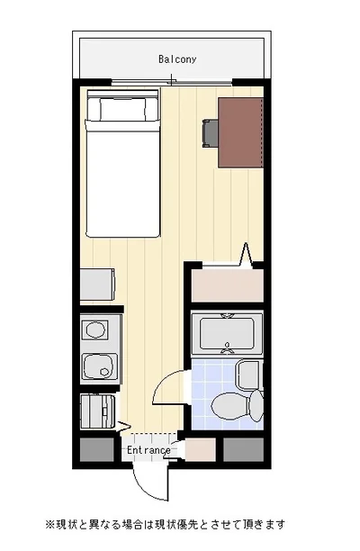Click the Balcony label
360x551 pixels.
coord(177,59)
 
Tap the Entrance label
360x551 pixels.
coord(148,450)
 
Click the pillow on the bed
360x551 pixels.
coord(122,109)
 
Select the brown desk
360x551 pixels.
coord(240,132)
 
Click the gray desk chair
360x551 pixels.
coord(210,133)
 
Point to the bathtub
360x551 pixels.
coord(227,334)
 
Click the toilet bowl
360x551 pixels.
coord(230,407)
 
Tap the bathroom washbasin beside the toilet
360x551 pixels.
coord(249,375)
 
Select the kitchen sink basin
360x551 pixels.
coord(100,366)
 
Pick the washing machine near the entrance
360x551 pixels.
coord(98,411)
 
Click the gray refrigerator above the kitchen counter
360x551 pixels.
coord(97,285)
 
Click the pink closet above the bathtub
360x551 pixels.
coord(227,285)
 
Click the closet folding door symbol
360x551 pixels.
coord(246,255)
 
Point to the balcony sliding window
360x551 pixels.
coord(172,83)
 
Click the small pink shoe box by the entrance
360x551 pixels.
coord(201,449)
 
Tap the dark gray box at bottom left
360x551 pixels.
coord(97,449)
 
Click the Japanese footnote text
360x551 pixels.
coord(166,525)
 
